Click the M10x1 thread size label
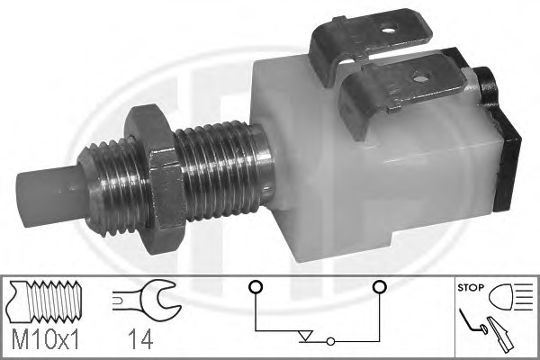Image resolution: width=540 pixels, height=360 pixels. pyautogui.click(x=46, y=338)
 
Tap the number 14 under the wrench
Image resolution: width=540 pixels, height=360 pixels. pyautogui.click(x=140, y=338)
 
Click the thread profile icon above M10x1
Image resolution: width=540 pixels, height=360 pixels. pyautogui.click(x=46, y=299)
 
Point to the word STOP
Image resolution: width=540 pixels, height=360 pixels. pyautogui.click(x=471, y=288)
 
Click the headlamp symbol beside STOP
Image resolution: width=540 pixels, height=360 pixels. pyautogui.click(x=510, y=297)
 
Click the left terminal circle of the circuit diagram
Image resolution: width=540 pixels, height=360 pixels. pyautogui.click(x=256, y=286)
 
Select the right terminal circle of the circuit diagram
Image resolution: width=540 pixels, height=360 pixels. pyautogui.click(x=379, y=286)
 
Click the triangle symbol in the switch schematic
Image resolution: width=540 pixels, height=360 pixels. pyautogui.click(x=305, y=336)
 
